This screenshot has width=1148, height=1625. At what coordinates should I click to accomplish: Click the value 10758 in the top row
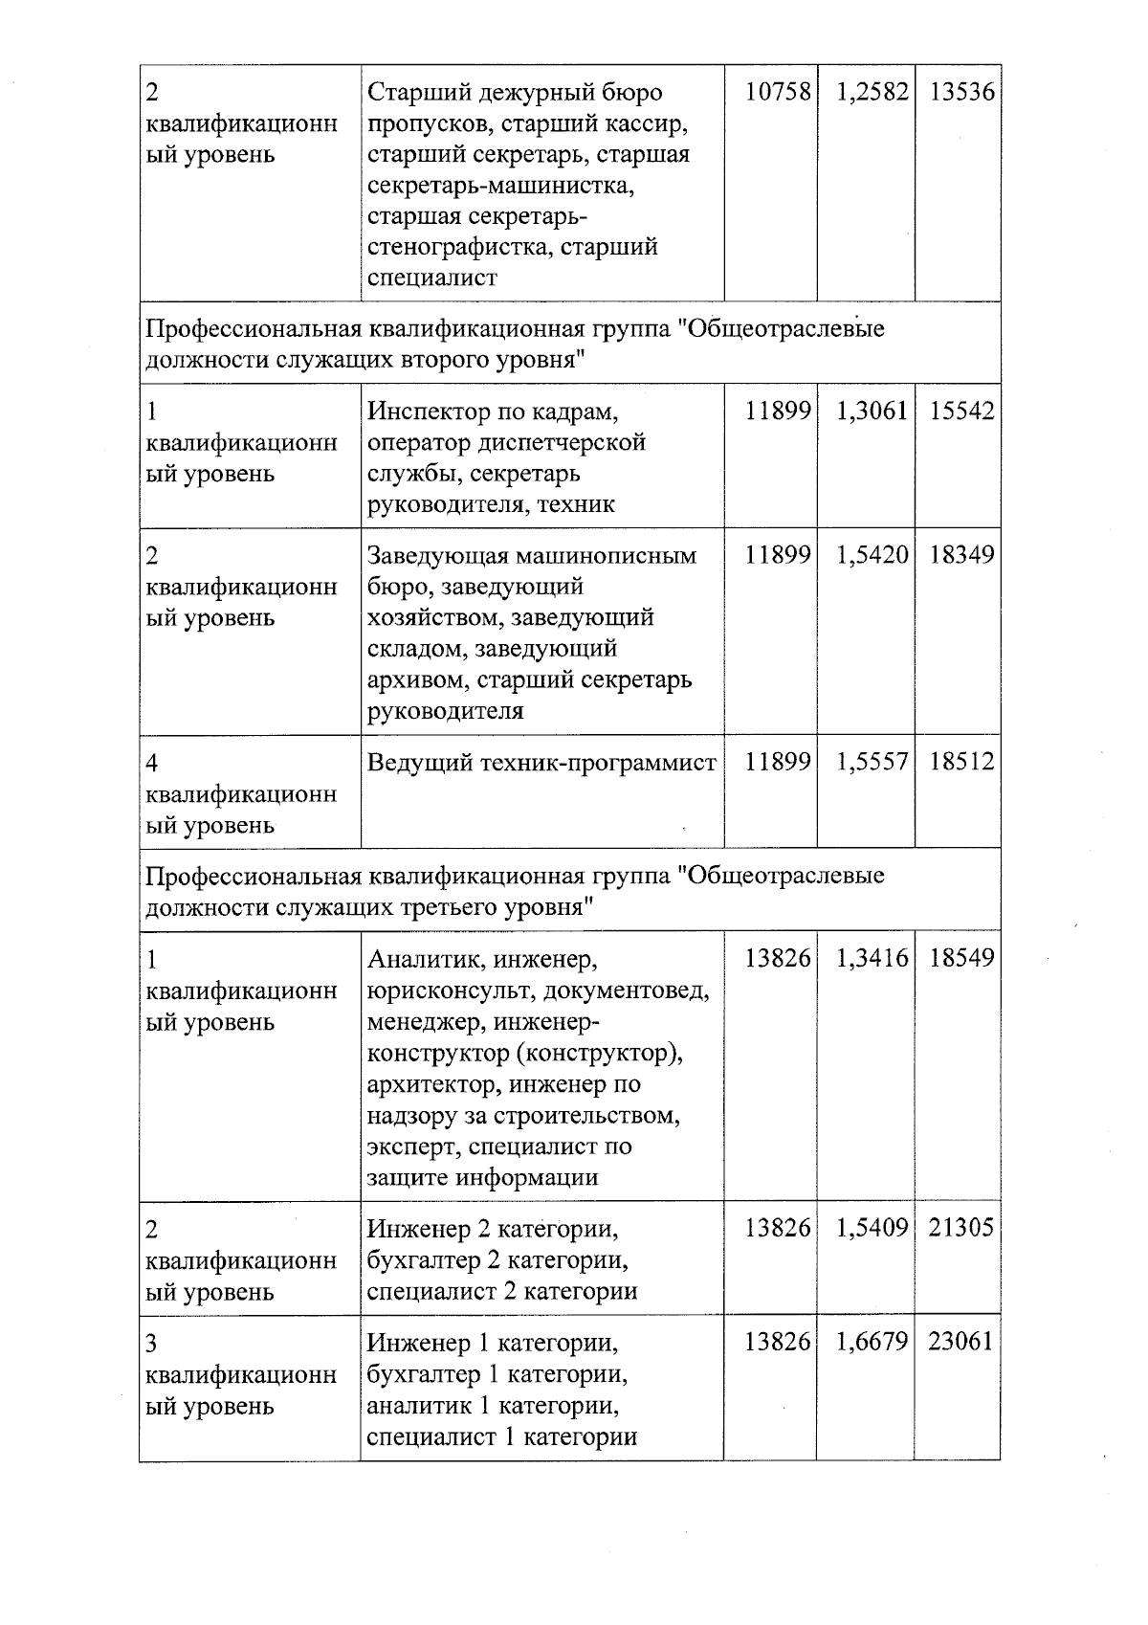coord(778,93)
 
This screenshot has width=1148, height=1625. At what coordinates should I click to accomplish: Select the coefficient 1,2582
coord(872,93)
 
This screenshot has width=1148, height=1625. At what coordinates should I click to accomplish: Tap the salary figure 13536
coord(961,93)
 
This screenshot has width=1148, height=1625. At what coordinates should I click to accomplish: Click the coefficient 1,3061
coord(872,412)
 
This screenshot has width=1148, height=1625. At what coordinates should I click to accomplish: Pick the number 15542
coord(961,412)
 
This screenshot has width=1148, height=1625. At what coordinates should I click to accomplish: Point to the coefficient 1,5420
coord(872,555)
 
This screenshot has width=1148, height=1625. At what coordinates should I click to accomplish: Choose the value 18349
coord(961,555)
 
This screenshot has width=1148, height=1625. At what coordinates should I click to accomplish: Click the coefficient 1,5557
coord(872,762)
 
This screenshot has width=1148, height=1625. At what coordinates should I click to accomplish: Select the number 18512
coord(961,762)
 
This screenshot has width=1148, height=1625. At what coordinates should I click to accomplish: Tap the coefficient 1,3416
coord(872,958)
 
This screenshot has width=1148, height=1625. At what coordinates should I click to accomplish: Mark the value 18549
coord(961,958)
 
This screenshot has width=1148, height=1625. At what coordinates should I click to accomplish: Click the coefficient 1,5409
coord(872,1228)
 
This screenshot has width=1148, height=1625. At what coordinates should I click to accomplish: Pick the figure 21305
coord(961,1228)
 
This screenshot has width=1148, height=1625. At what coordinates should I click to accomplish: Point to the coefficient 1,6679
coord(872,1342)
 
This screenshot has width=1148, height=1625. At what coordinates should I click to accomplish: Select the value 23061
coord(961,1342)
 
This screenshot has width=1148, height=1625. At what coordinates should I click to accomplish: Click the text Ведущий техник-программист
coord(541,763)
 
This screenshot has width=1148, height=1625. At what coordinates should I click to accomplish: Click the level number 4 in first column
coord(152,763)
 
